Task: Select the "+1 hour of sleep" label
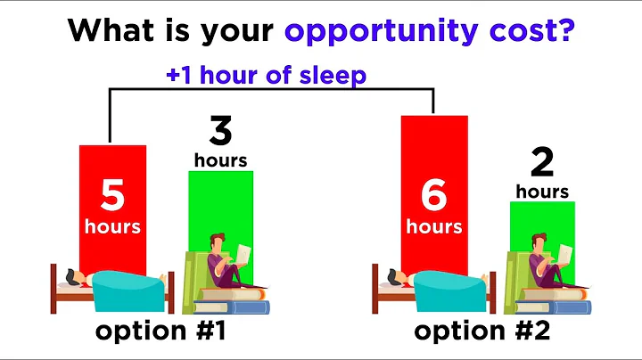266,76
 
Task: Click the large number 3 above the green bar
220,131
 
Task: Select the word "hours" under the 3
220,160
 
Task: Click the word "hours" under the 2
541,191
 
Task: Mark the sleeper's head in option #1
81,279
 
